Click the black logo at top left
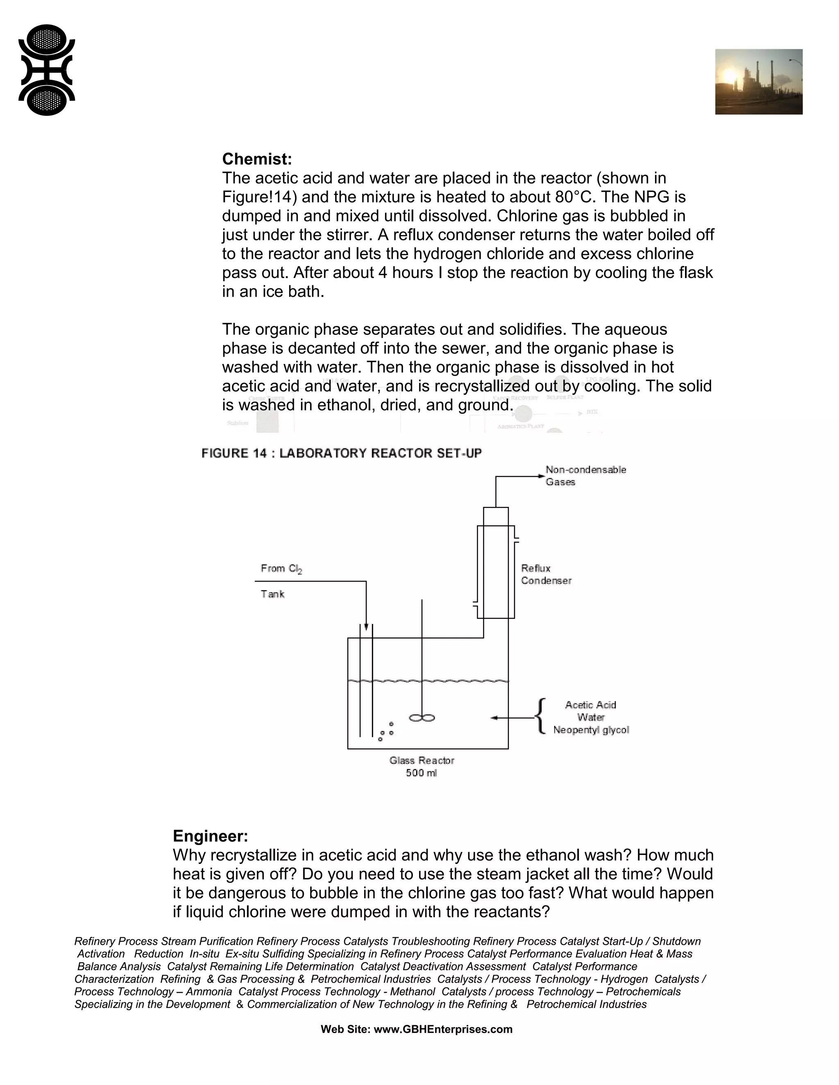pos(47,70)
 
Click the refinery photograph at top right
pos(758,82)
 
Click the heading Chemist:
pos(257,159)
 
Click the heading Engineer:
pos(210,836)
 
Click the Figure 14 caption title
pos(342,453)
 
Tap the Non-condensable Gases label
pos(585,475)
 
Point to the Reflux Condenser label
pos(546,574)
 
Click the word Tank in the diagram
pos(272,594)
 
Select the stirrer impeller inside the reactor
pos(422,718)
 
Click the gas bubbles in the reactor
pos(386,732)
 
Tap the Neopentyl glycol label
pos(591,730)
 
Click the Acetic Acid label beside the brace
pos(590,705)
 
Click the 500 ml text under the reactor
pos(421,773)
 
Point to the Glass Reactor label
pos(422,761)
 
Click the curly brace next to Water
pos(541,717)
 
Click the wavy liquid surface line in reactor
pos(429,681)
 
